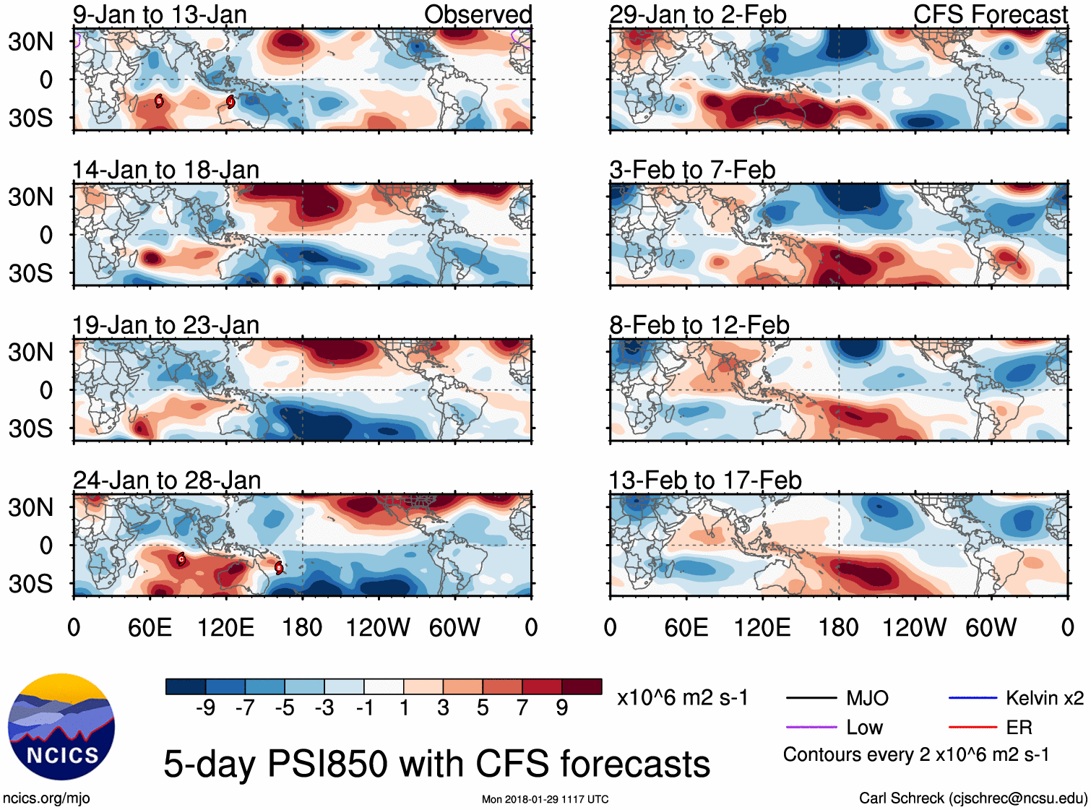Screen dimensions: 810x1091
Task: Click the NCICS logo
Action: point(61,727)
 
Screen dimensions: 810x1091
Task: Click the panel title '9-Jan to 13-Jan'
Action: point(160,14)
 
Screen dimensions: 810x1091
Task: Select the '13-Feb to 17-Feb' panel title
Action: point(705,481)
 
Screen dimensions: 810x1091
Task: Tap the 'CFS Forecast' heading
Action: point(990,14)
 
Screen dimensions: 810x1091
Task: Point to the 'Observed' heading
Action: point(478,14)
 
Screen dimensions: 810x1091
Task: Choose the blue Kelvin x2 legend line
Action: point(973,698)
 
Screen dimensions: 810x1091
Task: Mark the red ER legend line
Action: point(973,727)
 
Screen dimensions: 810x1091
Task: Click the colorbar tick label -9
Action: point(205,708)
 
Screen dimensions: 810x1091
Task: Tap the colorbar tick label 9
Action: point(562,708)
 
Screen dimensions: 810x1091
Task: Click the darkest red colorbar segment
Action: point(582,686)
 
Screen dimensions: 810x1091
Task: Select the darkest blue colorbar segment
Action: point(185,686)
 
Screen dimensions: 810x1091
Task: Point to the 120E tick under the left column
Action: point(226,627)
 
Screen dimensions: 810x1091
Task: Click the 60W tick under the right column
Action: point(991,627)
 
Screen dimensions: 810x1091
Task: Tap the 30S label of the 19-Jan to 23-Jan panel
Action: point(31,428)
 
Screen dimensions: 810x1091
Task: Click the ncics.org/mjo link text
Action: point(46,798)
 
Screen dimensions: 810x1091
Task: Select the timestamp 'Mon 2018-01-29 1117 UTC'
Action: point(545,799)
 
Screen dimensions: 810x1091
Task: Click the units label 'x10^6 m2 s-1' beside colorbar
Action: point(682,698)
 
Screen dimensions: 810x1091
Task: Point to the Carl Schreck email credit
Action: point(973,798)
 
